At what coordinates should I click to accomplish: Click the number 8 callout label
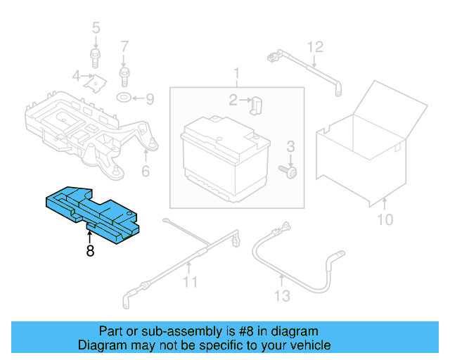90,250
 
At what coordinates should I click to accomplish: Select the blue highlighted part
91,210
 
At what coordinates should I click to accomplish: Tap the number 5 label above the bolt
96,29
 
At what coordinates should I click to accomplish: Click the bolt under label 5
94,57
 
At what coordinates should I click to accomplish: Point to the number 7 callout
124,47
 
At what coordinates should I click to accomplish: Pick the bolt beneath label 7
124,72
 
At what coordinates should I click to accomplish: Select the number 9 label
149,98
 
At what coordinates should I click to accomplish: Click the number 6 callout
146,170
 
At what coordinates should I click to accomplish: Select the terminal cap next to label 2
257,104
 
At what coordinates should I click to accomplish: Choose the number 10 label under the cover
384,220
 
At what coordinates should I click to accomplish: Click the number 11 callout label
189,283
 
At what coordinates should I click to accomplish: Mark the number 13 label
281,296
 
